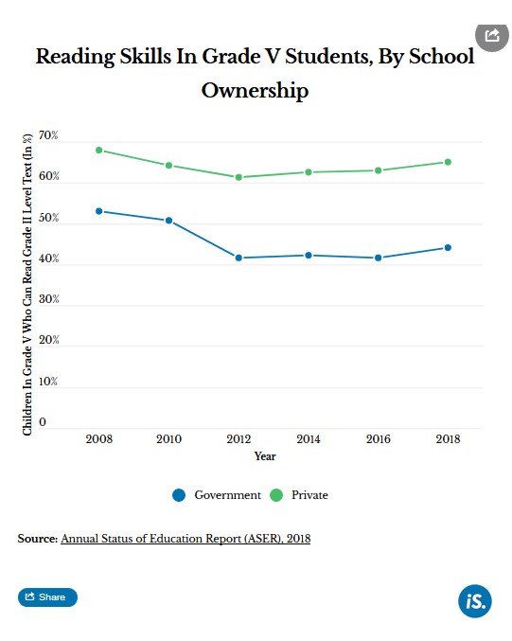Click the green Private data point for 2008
click(x=98, y=150)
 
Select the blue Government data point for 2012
click(x=238, y=258)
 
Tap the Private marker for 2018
click(x=448, y=162)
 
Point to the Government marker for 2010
click(x=168, y=221)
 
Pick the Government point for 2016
click(x=379, y=258)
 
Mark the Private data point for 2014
click(x=309, y=172)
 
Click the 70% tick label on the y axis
click(x=48, y=135)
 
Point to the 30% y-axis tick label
click(x=48, y=299)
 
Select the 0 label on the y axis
click(x=43, y=422)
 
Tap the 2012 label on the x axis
click(x=238, y=438)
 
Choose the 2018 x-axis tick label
click(x=448, y=438)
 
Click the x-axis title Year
click(x=265, y=456)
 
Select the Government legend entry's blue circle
click(x=179, y=495)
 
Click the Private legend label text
click(x=309, y=495)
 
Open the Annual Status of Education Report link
click(x=185, y=539)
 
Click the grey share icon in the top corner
click(x=492, y=36)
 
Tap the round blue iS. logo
click(x=475, y=601)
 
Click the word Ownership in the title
click(x=255, y=90)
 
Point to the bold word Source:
click(x=38, y=539)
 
